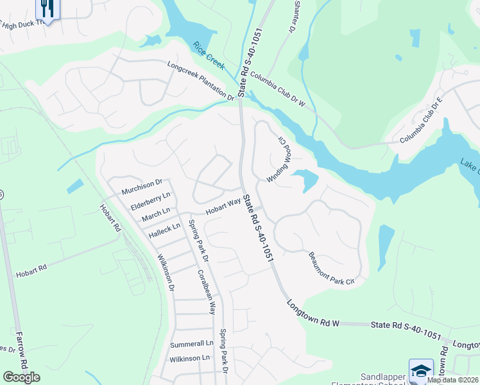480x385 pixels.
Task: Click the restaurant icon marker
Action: (x=47, y=8)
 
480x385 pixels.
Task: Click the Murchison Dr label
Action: (x=143, y=185)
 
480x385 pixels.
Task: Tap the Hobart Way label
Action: (x=223, y=206)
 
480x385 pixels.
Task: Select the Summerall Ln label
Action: (x=190, y=344)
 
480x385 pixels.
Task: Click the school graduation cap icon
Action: (x=421, y=371)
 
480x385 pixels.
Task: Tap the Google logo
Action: (x=21, y=377)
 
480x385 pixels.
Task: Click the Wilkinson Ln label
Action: (x=189, y=357)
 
